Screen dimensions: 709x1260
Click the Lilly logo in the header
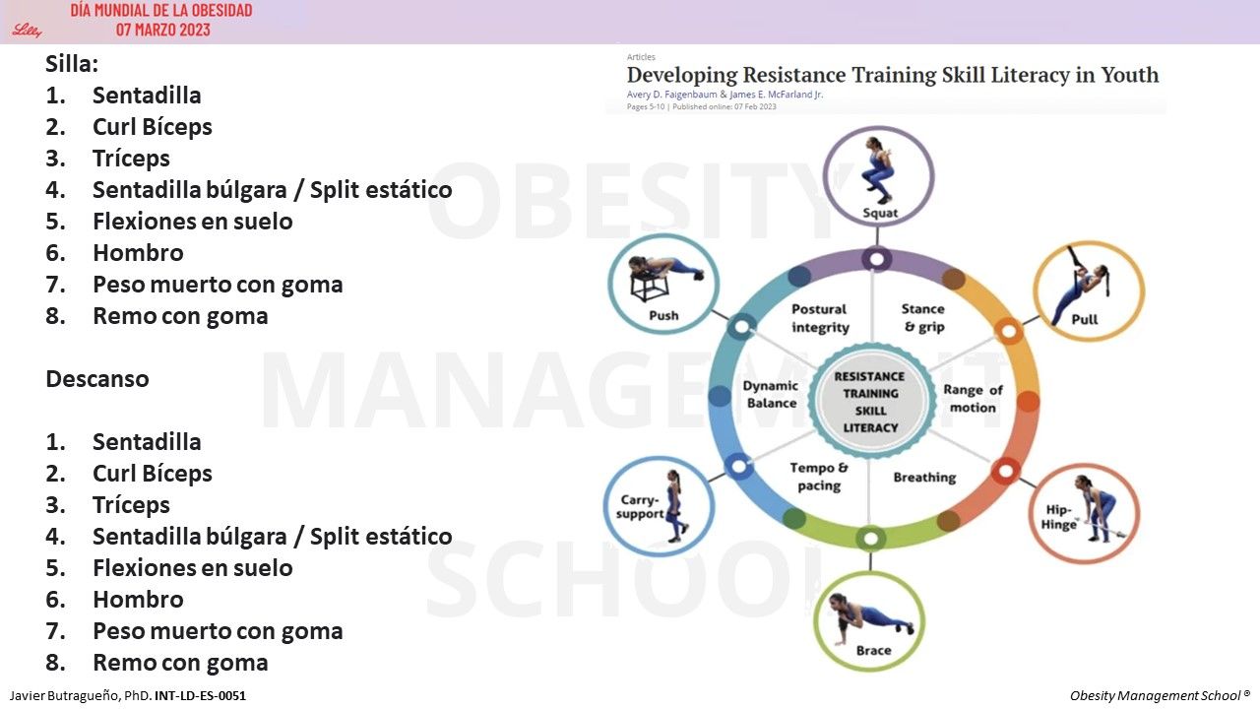[27, 30]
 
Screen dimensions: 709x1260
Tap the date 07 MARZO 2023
[162, 30]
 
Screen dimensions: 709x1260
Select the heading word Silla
[72, 64]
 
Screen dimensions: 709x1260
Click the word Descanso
[97, 379]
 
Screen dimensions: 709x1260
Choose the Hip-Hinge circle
[1085, 512]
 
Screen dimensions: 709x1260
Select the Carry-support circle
[658, 506]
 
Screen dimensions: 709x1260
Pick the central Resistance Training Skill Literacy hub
[871, 402]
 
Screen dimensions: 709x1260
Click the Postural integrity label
[819, 318]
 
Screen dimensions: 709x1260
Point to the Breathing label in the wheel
[924, 478]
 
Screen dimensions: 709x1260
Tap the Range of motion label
[973, 399]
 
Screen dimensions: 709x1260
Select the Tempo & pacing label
[819, 477]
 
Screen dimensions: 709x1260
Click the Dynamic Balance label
[771, 394]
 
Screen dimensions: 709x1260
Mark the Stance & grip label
[923, 318]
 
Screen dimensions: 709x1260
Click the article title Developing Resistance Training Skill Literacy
[892, 75]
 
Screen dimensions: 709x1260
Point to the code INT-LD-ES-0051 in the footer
[200, 696]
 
